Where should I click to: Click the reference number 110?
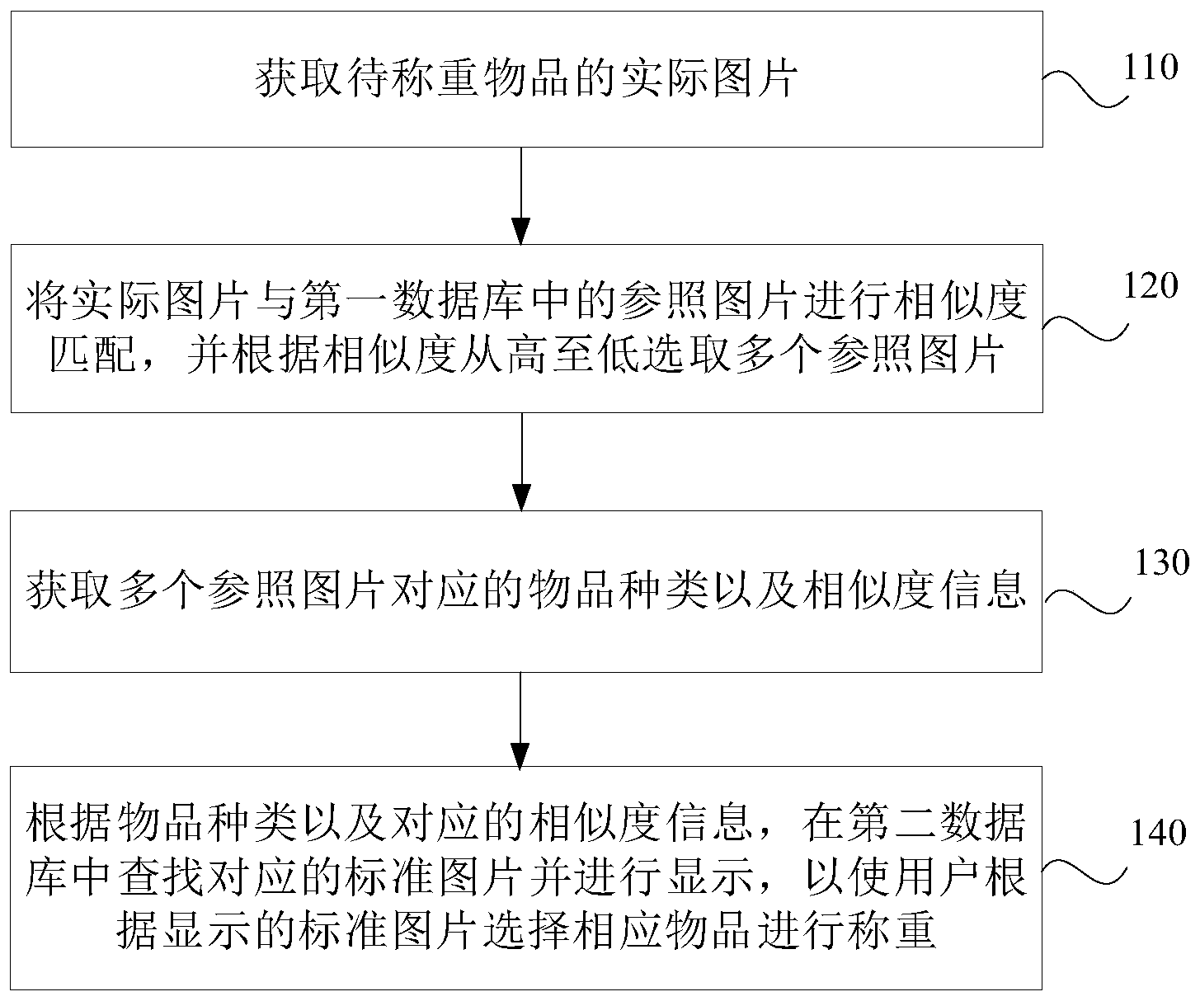point(1151,67)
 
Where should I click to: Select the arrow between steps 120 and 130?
point(520,462)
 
